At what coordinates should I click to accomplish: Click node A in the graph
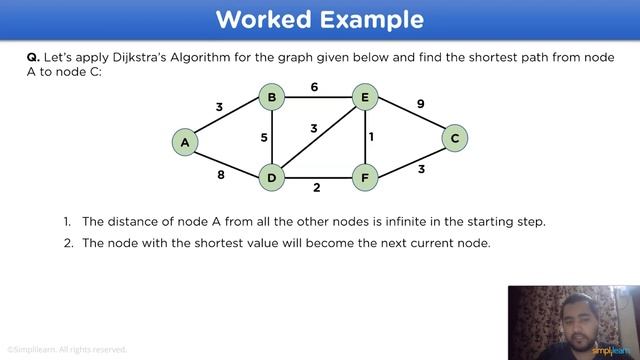click(x=185, y=142)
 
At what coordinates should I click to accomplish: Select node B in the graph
click(x=271, y=97)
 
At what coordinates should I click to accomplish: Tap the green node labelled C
click(x=454, y=138)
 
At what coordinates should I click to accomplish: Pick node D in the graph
click(x=271, y=179)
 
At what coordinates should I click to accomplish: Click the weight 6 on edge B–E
click(x=314, y=87)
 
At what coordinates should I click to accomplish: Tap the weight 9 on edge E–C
click(x=420, y=103)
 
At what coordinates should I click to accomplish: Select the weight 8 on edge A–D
click(x=220, y=175)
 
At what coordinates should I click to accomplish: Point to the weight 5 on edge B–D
click(x=264, y=138)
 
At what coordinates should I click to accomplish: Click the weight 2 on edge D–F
click(x=316, y=187)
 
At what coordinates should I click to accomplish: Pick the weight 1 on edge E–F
click(x=371, y=137)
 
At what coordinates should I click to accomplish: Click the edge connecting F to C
click(x=411, y=159)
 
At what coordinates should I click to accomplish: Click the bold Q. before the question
click(x=33, y=58)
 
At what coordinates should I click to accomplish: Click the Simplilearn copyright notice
click(x=66, y=350)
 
